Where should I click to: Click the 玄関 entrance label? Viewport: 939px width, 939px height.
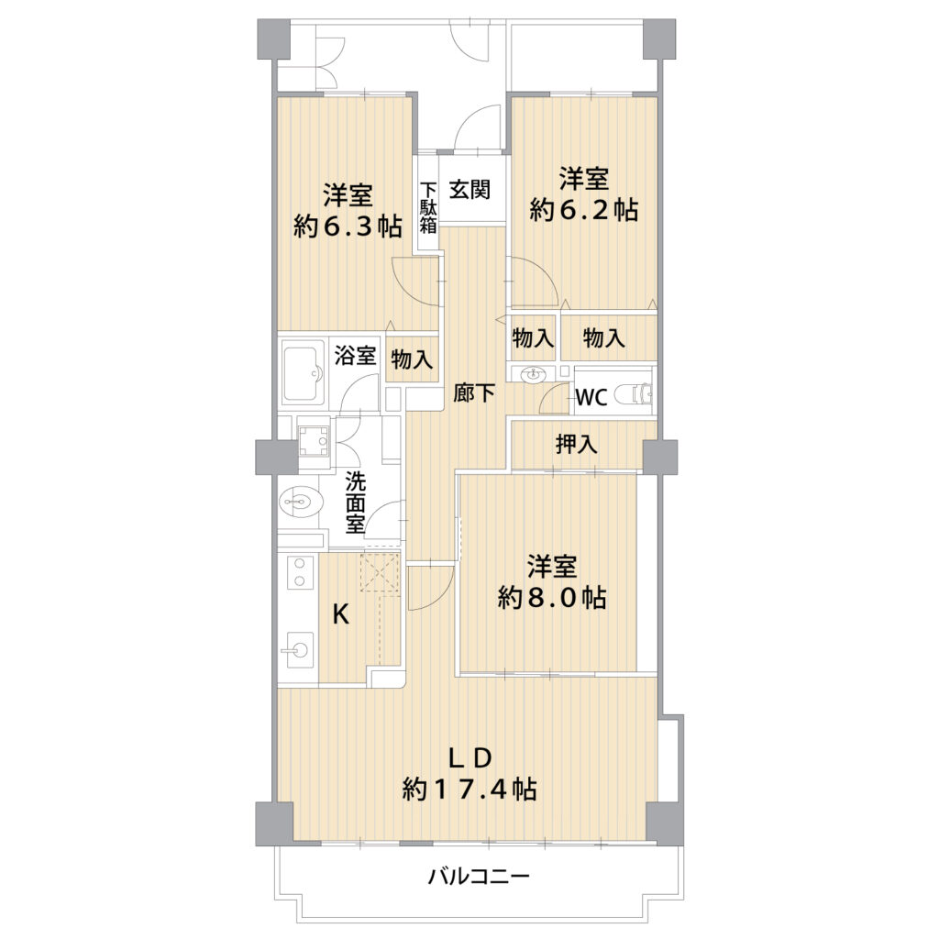pos(470,189)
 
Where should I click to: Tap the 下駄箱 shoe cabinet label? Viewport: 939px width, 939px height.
pos(428,207)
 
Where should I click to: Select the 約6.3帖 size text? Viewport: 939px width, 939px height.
pos(348,226)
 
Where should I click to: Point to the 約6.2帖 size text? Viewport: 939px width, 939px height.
pos(584,210)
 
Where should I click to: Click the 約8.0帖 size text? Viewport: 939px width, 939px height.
pos(552,597)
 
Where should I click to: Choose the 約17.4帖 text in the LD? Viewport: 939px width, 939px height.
pos(469,789)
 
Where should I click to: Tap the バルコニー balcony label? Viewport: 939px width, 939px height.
pos(479,878)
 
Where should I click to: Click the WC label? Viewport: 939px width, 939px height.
pos(591,396)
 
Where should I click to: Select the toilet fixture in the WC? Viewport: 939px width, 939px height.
pos(635,394)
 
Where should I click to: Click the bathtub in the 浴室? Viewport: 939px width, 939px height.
pos(304,374)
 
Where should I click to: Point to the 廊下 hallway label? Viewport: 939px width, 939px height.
pos(474,392)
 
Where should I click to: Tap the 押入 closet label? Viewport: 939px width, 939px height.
pos(577,445)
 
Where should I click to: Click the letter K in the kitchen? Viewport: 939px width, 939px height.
pos(341,613)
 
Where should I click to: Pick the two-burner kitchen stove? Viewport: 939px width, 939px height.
pos(300,572)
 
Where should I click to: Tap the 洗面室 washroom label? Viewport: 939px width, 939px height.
pos(355,503)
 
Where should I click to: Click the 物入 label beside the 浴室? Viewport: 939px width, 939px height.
pos(412,359)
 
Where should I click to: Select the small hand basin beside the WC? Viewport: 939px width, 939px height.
pos(534,375)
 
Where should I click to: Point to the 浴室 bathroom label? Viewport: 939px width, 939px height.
pos(356,355)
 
